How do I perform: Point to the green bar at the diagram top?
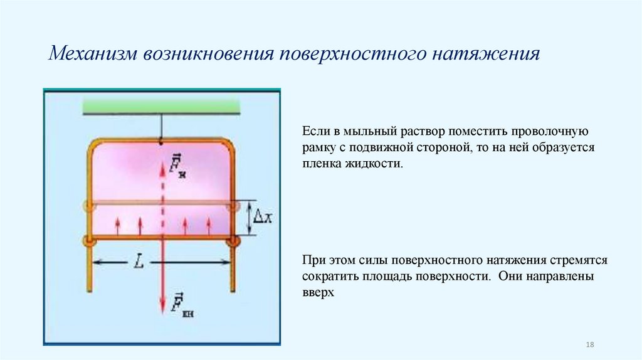pyautogui.click(x=162, y=107)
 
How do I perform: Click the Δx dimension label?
pyautogui.click(x=261, y=217)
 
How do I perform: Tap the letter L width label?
pyautogui.click(x=139, y=262)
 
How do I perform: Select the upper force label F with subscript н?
pyautogui.click(x=179, y=166)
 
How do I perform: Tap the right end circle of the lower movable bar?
pyautogui.click(x=234, y=240)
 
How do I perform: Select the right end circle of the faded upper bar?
pyautogui.click(x=234, y=205)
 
